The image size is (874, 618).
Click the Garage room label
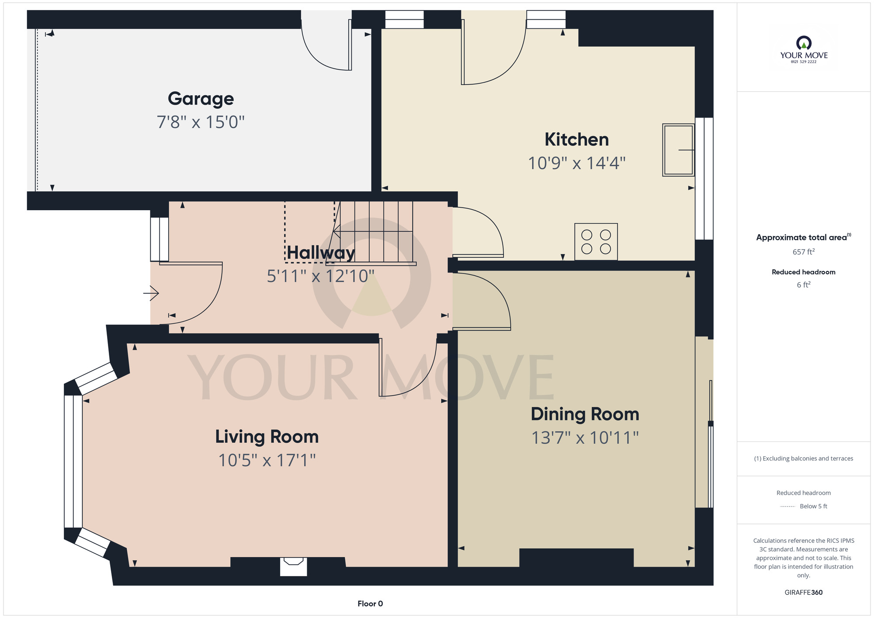[x=201, y=99]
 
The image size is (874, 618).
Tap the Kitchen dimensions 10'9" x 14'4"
[x=577, y=163]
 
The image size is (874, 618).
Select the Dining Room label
[x=585, y=414]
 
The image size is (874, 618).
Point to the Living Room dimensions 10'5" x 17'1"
[x=267, y=460]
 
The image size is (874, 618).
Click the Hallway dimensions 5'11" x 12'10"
[x=321, y=276]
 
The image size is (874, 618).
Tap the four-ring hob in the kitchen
[x=596, y=242]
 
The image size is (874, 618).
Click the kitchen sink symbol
[x=678, y=150]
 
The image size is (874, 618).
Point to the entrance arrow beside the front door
[x=151, y=293]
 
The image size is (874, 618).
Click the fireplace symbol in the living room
[x=293, y=566]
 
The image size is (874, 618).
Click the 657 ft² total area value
[x=804, y=252]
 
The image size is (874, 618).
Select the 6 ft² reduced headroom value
[x=804, y=285]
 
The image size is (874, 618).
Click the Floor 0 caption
[x=370, y=604]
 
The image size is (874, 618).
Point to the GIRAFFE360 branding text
[x=804, y=593]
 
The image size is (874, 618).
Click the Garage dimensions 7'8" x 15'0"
[x=201, y=122]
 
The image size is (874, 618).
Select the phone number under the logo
[x=804, y=62]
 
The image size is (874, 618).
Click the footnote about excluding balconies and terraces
[x=804, y=458]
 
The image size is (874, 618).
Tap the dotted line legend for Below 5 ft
[x=787, y=507]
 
